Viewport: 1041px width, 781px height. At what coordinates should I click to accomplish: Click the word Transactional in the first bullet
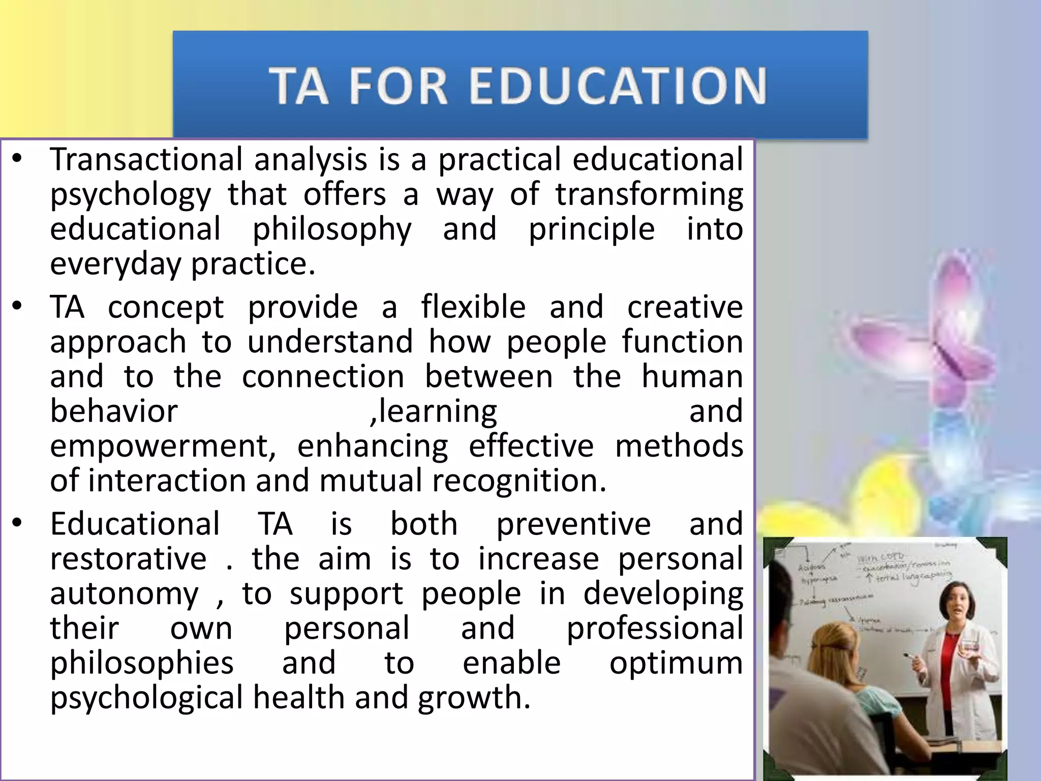146,159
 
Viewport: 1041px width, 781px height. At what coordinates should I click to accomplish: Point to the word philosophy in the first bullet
332,230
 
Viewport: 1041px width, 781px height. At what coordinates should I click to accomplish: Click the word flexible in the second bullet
473,307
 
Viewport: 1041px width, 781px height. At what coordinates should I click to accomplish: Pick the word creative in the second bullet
685,307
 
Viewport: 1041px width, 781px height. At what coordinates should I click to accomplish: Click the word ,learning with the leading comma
434,412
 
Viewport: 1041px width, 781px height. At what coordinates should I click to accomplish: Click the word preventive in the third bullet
573,524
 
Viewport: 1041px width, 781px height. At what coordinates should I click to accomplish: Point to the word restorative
128,559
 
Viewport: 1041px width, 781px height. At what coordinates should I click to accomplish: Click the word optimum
676,664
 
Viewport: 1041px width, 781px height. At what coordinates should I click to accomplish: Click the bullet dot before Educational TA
18,523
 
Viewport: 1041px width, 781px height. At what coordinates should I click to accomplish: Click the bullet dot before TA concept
18,306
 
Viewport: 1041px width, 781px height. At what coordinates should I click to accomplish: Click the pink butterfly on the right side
925,325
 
